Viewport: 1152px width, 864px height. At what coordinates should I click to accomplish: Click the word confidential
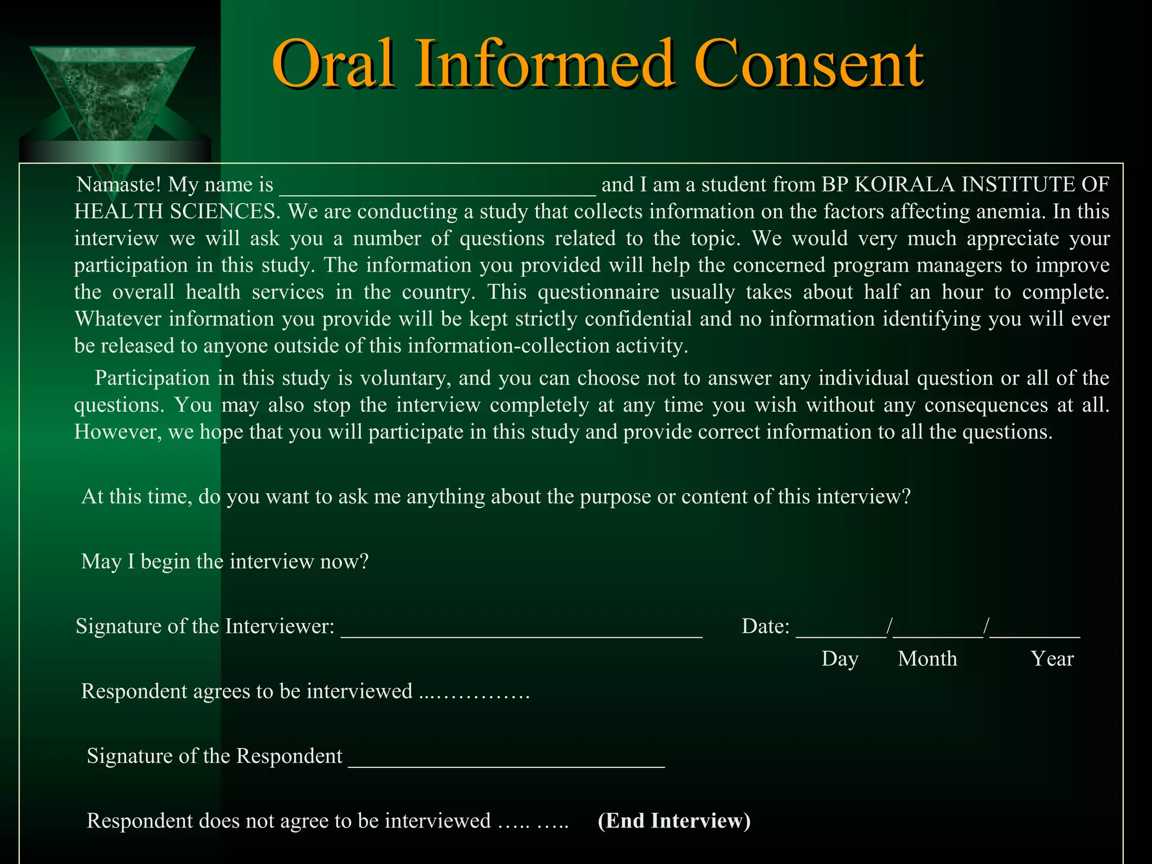[638, 319]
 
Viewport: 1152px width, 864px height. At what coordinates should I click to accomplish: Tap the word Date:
[766, 626]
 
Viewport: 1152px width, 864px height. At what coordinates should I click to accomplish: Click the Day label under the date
[840, 659]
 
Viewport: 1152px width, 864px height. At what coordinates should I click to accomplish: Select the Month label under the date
[927, 659]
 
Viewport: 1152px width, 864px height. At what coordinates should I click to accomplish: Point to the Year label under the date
[1052, 659]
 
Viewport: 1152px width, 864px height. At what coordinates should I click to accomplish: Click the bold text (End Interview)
[674, 821]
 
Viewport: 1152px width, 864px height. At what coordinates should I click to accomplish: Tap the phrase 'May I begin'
[135, 561]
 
